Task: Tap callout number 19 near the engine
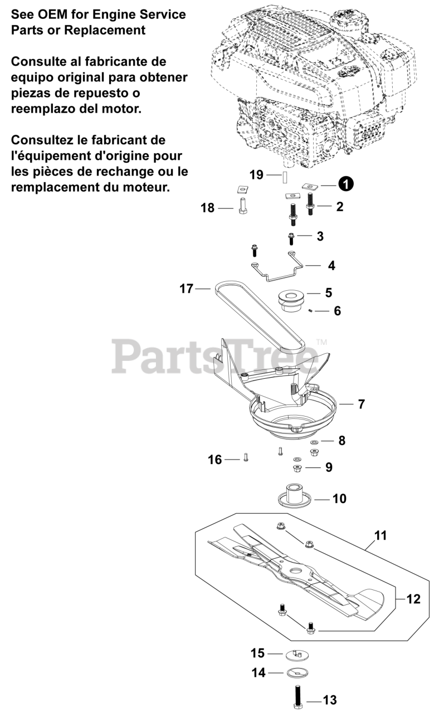coord(256,175)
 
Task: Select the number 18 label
coord(208,208)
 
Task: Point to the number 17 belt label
coord(186,289)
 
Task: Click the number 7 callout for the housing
coord(362,404)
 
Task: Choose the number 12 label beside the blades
coord(413,599)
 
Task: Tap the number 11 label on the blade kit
coord(381,536)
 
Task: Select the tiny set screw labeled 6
coord(310,311)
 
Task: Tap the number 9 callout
coord(329,467)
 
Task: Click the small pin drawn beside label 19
coord(283,176)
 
